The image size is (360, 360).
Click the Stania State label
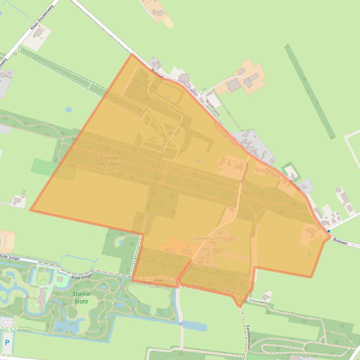point(81,297)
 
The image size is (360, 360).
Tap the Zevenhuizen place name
point(207,238)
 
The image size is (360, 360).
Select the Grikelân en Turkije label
point(110,161)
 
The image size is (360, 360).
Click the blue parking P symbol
point(7,343)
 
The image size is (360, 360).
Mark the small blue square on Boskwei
point(329,231)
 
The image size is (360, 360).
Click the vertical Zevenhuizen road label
point(244,173)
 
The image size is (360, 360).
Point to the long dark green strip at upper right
point(309,91)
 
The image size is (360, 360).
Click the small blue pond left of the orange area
point(69,110)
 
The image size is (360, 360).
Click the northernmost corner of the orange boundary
point(132,54)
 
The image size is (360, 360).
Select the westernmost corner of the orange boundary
point(31,210)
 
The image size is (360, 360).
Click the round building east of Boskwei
point(338,190)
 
